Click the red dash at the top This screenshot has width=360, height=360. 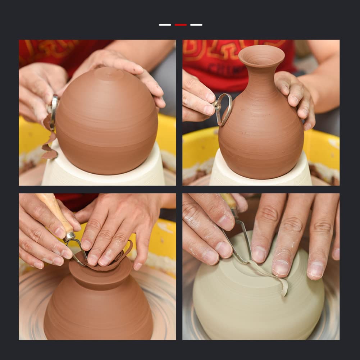(x=181, y=25)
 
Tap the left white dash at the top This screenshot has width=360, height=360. (x=165, y=25)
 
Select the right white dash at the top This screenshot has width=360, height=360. (x=196, y=25)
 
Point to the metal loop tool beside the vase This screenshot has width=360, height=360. (x=224, y=109)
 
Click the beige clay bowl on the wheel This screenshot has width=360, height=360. (x=252, y=306)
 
